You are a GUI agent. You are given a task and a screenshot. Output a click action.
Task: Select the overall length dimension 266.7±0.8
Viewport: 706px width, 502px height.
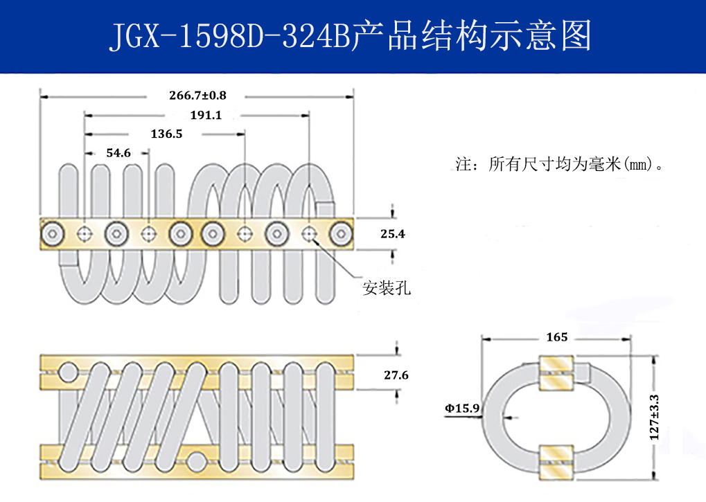click(197, 95)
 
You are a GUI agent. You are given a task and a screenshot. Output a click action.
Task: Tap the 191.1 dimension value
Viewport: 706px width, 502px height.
click(205, 115)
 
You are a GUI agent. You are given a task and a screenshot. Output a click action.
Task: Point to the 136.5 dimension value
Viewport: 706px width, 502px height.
click(166, 134)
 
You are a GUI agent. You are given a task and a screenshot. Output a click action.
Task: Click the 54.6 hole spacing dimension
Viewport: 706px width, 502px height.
click(118, 153)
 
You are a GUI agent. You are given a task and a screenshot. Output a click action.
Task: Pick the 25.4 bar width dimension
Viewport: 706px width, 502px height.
click(393, 234)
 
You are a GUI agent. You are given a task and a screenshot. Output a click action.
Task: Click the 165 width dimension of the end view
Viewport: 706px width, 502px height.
click(556, 337)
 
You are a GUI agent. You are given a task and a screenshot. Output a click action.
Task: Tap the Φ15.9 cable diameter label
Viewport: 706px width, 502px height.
click(462, 409)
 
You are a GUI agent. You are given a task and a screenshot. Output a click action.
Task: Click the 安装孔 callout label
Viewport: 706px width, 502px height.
click(387, 288)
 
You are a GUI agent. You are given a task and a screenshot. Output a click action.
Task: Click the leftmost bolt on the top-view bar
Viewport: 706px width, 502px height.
click(53, 234)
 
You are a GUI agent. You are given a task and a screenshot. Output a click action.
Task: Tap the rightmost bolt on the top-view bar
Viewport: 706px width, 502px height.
click(341, 234)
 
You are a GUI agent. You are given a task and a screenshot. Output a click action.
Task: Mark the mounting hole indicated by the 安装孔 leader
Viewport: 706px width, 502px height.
click(309, 234)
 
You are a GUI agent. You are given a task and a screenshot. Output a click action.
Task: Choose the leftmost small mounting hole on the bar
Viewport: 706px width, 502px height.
click(85, 234)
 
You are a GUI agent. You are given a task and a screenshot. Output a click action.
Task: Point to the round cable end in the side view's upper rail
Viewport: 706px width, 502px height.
click(68, 374)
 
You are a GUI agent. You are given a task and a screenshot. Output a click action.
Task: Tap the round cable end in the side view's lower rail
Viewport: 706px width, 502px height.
click(197, 460)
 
